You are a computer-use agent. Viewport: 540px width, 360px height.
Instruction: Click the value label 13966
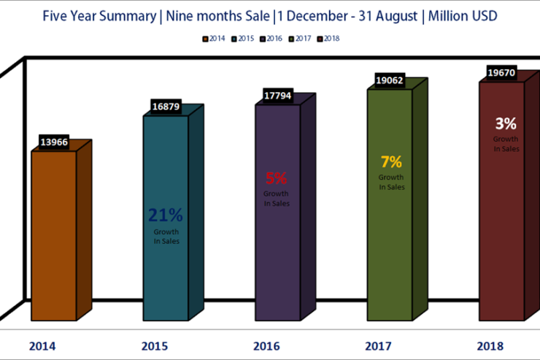(x=54, y=142)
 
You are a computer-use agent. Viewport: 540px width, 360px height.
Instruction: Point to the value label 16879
(x=166, y=107)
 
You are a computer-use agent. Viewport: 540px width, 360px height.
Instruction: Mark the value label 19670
(x=502, y=73)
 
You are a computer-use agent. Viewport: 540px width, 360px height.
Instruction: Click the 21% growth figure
(x=166, y=215)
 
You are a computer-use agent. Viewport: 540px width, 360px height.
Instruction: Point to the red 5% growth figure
(x=276, y=177)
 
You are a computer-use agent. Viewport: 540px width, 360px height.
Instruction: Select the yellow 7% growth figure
(x=390, y=162)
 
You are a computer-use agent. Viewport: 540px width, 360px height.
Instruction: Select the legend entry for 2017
(x=301, y=39)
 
